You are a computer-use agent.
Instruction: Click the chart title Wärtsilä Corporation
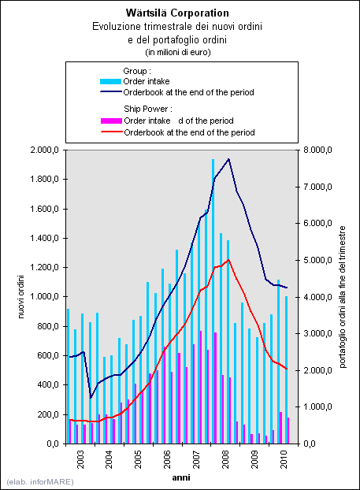pyautogui.click(x=177, y=13)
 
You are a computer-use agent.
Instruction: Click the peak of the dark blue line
pyautogui.click(x=228, y=159)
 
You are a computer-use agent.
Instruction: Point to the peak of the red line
pyautogui.click(x=228, y=260)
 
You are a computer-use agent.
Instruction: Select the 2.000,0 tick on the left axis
pyautogui.click(x=44, y=150)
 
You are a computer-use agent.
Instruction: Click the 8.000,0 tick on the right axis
pyautogui.click(x=317, y=150)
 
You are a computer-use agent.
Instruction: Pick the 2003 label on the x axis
pyautogui.click(x=80, y=459)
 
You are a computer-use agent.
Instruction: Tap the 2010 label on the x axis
pyautogui.click(x=284, y=459)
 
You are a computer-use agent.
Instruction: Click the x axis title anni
pyautogui.click(x=181, y=477)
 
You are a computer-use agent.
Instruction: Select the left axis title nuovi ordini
pyautogui.click(x=21, y=296)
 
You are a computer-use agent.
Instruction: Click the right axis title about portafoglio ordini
pyautogui.click(x=343, y=296)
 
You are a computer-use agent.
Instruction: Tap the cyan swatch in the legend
pyautogui.click(x=110, y=82)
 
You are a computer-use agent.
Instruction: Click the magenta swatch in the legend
pyautogui.click(x=111, y=121)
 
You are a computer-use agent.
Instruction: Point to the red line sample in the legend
pyautogui.click(x=111, y=132)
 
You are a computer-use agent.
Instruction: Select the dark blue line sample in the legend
pyautogui.click(x=110, y=92)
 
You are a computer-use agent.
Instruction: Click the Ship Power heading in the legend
pyautogui.click(x=148, y=109)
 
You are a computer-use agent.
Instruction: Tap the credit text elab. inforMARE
pyautogui.click(x=40, y=481)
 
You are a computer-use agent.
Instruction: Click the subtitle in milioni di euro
pyautogui.click(x=178, y=52)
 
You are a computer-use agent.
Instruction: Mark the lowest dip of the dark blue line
pyautogui.click(x=91, y=398)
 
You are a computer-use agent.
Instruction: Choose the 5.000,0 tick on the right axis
pyautogui.click(x=317, y=260)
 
